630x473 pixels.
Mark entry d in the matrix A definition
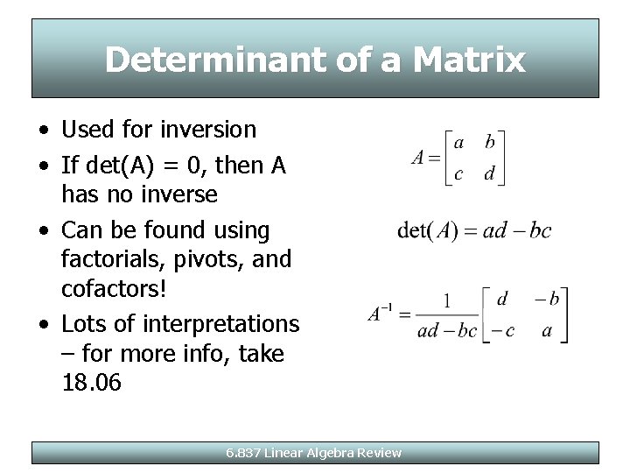[489, 173]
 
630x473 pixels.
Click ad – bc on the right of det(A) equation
[518, 231]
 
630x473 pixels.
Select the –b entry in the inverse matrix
[548, 300]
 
